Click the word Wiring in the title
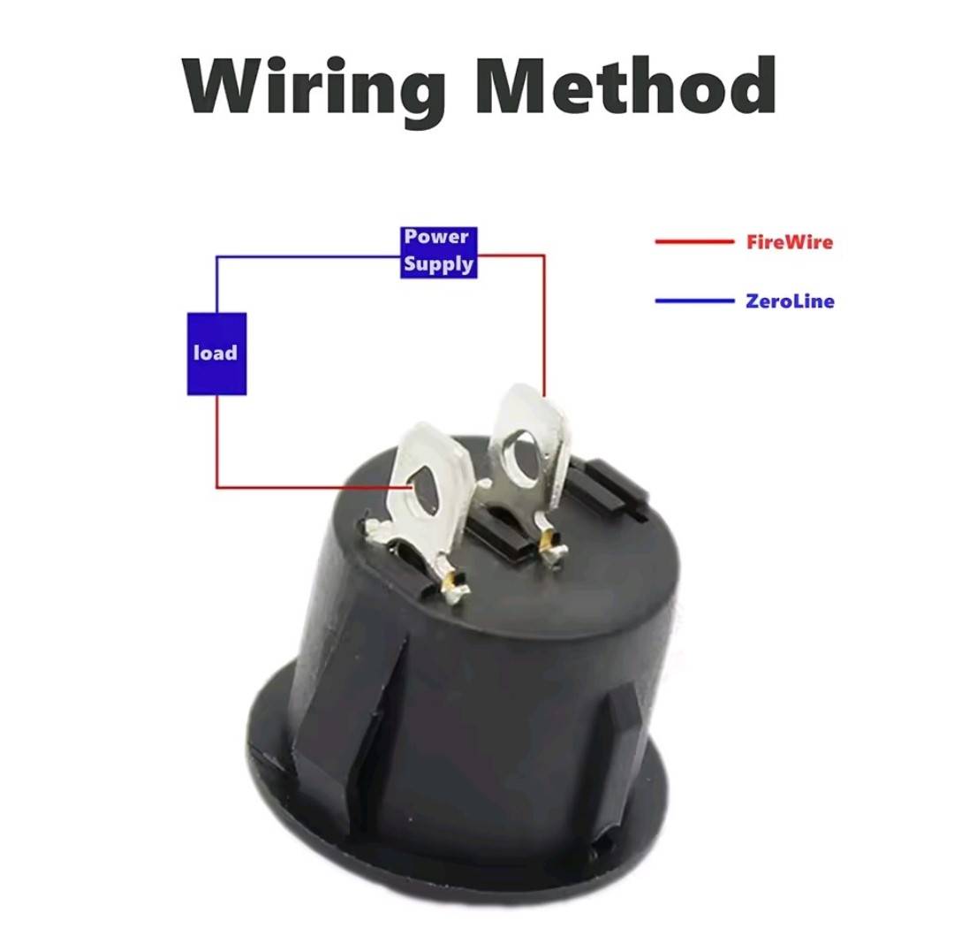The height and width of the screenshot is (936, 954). (314, 90)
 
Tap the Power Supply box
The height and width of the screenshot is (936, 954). (439, 253)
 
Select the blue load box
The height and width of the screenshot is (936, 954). (216, 354)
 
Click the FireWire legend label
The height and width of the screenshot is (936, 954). (790, 242)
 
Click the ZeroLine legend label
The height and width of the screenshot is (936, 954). (790, 301)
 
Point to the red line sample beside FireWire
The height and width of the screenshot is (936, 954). (694, 241)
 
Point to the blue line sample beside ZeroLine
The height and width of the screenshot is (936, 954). (694, 301)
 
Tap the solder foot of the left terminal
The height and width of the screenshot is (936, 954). (450, 585)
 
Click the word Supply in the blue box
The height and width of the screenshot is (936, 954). (439, 265)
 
